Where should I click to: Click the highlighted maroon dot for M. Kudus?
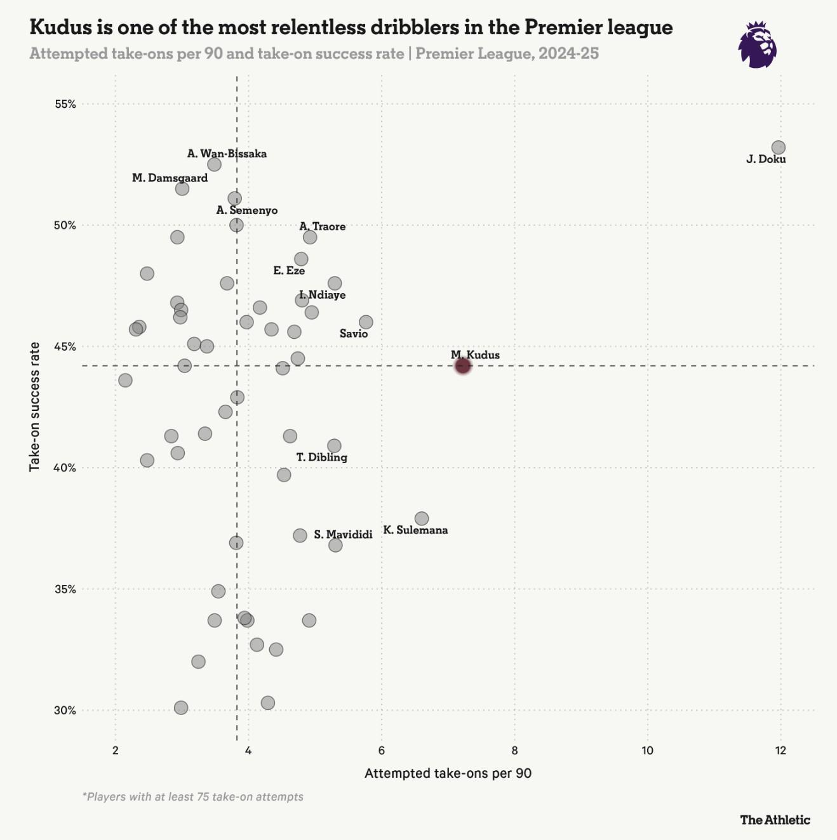pyautogui.click(x=463, y=365)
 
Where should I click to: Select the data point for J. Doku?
pyautogui.click(x=778, y=147)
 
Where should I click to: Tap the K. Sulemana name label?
pyautogui.click(x=415, y=530)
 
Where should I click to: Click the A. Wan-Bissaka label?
pyautogui.click(x=227, y=154)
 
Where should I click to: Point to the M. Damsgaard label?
pyautogui.click(x=170, y=178)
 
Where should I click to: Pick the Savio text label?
pyautogui.click(x=354, y=333)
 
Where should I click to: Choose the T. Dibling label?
pyautogui.click(x=322, y=457)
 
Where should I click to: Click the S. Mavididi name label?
pyautogui.click(x=343, y=534)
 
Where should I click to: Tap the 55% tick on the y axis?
pyautogui.click(x=65, y=104)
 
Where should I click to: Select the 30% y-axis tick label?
pyautogui.click(x=65, y=710)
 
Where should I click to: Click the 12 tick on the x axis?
pyautogui.click(x=780, y=751)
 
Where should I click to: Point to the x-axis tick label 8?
pyautogui.click(x=514, y=751)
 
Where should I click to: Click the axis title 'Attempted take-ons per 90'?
pyautogui.click(x=448, y=773)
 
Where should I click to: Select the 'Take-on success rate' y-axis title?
pyautogui.click(x=35, y=407)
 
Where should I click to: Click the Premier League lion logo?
pyautogui.click(x=758, y=44)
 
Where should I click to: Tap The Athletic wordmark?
pyautogui.click(x=775, y=820)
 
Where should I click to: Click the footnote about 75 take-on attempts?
pyautogui.click(x=193, y=796)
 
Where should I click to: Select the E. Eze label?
pyautogui.click(x=289, y=270)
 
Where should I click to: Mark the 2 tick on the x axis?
pyautogui.click(x=116, y=751)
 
